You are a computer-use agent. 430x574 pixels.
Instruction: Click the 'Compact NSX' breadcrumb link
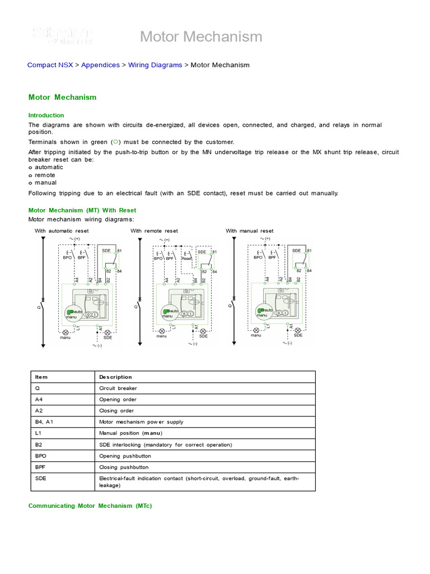pyautogui.click(x=50, y=65)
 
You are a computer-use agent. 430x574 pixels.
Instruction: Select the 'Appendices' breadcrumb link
pyautogui.click(x=100, y=65)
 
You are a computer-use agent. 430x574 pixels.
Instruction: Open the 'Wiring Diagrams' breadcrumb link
pyautogui.click(x=155, y=65)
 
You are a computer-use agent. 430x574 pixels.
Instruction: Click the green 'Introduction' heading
pyautogui.click(x=46, y=115)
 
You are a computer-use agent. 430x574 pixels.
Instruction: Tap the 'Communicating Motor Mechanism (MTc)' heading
pyautogui.click(x=90, y=506)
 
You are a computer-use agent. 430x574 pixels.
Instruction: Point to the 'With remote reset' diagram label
pyautogui.click(x=154, y=231)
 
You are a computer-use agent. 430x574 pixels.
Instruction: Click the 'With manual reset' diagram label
pyautogui.click(x=250, y=231)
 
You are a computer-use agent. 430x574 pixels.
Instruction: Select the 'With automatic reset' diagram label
pyautogui.click(x=62, y=231)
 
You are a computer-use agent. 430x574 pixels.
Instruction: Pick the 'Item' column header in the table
pyautogui.click(x=42, y=377)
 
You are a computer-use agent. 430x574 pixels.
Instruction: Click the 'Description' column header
pyautogui.click(x=115, y=377)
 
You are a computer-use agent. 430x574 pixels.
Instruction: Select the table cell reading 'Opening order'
pyautogui.click(x=118, y=399)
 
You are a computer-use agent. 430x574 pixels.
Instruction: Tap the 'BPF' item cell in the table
pyautogui.click(x=40, y=467)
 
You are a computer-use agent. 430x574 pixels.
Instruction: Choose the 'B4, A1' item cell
pyautogui.click(x=44, y=422)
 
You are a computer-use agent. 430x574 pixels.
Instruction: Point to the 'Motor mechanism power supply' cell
pyautogui.click(x=141, y=422)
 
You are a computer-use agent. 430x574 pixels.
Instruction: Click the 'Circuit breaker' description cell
pyautogui.click(x=118, y=388)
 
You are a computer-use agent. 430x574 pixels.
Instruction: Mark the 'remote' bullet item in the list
pyautogui.click(x=45, y=175)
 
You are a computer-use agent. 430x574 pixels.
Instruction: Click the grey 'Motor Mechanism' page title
pyautogui.click(x=201, y=37)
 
